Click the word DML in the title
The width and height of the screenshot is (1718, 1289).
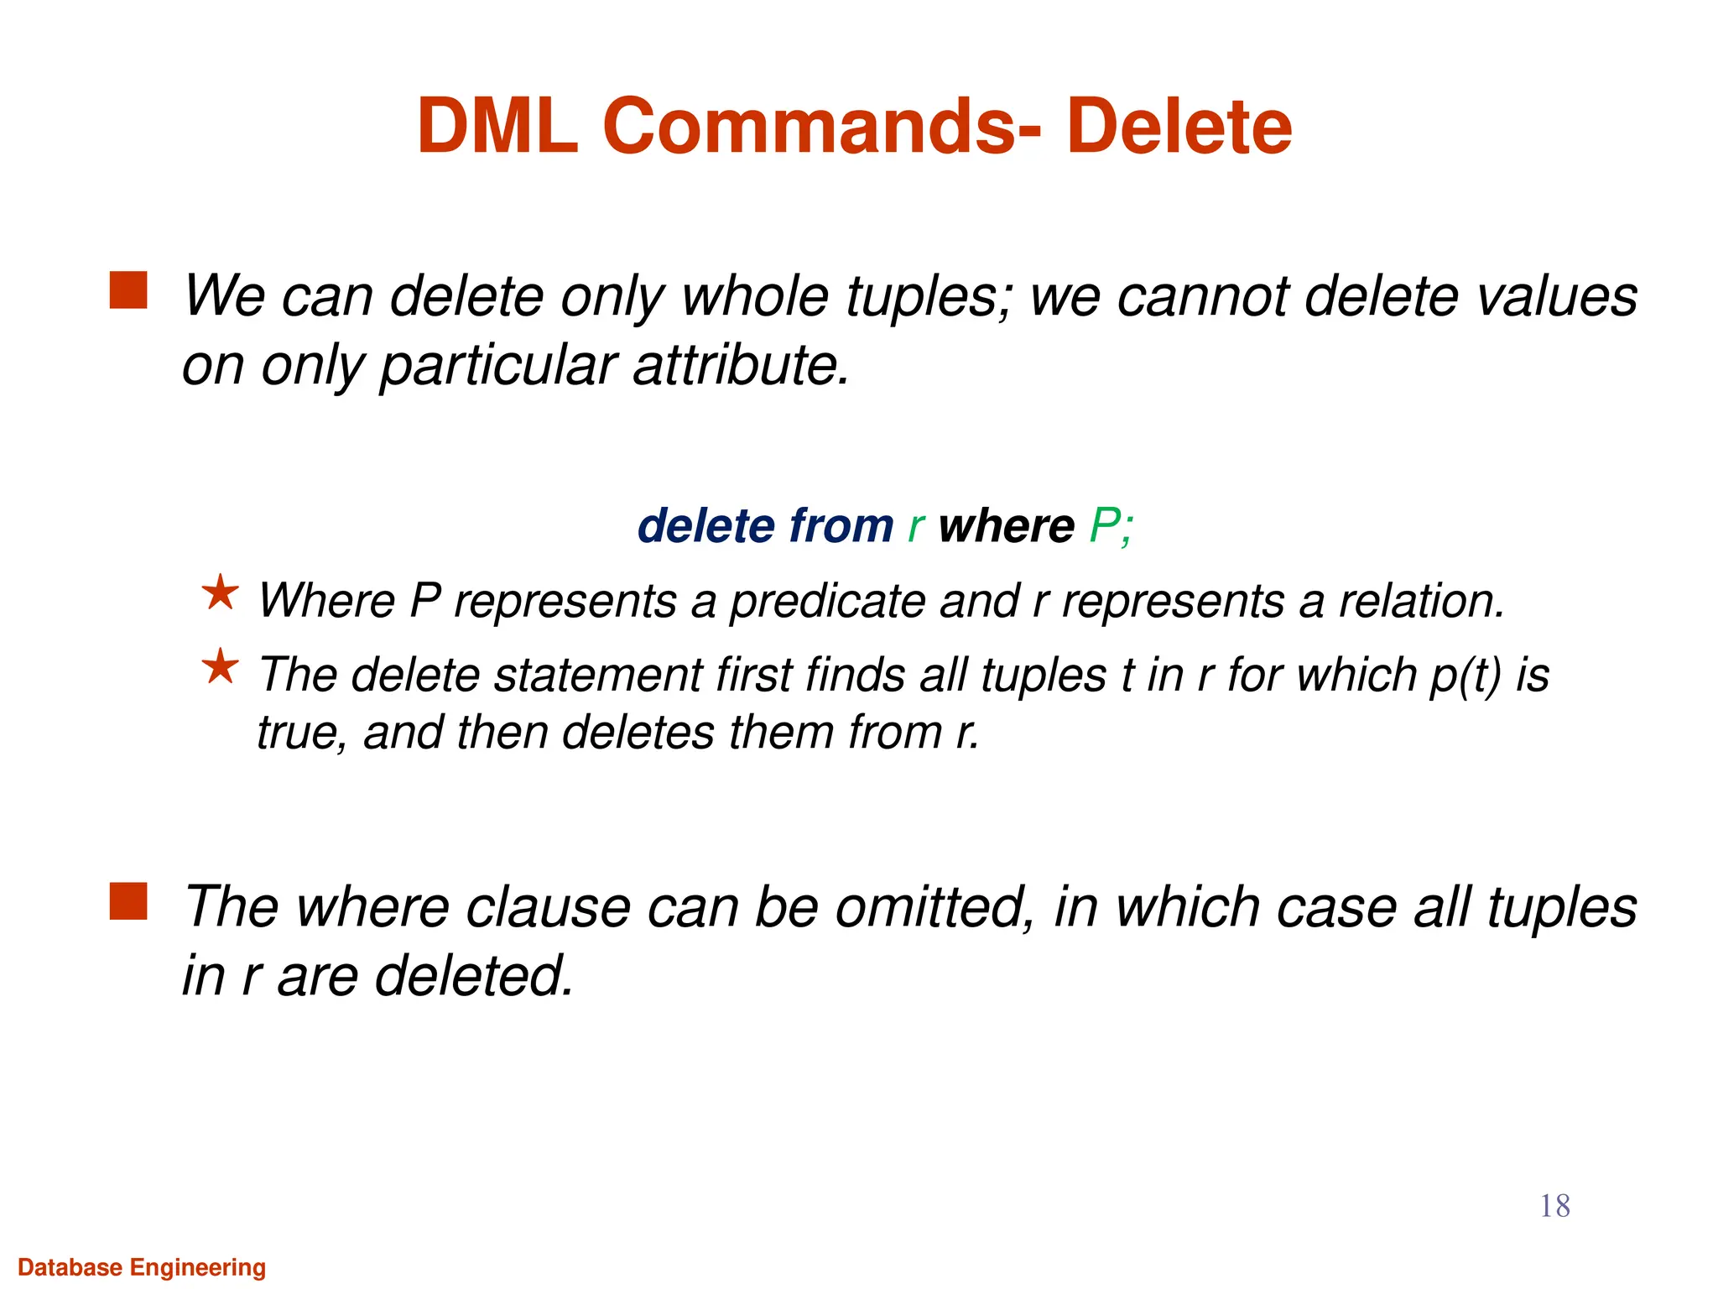(x=497, y=127)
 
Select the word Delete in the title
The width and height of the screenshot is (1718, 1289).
(x=1179, y=127)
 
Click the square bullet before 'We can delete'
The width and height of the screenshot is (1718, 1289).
(x=128, y=290)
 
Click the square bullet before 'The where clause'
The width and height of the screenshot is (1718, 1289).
(x=128, y=901)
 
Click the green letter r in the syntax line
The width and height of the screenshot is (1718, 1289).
(x=916, y=527)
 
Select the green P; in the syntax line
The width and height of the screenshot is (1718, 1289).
(x=1111, y=527)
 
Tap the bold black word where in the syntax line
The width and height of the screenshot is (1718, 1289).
(x=1006, y=527)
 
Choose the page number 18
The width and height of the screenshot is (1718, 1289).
(x=1554, y=1206)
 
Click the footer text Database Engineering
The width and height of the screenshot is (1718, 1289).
(x=142, y=1267)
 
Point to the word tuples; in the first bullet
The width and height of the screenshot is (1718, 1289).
(x=930, y=297)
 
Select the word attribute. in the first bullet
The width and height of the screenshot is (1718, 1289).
(x=742, y=366)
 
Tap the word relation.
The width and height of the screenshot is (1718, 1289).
(x=1422, y=602)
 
